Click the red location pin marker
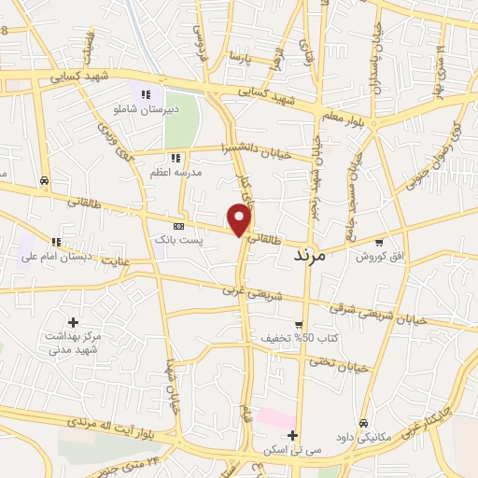click(241, 220)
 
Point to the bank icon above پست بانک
click(179, 226)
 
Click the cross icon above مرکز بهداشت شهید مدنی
click(73, 322)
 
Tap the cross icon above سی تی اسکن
click(292, 435)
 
